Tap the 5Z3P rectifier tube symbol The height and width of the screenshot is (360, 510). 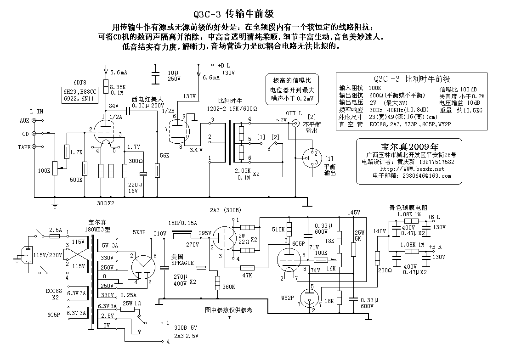pyautogui.click(x=143, y=266)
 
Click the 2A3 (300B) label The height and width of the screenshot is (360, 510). pyautogui.click(x=227, y=210)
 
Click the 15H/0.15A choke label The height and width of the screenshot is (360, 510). pyautogui.click(x=183, y=223)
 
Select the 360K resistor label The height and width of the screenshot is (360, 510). pyautogui.click(x=228, y=287)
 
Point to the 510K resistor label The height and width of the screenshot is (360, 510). pyautogui.click(x=278, y=230)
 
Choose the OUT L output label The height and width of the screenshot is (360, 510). pyautogui.click(x=294, y=113)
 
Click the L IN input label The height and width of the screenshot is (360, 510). pyautogui.click(x=37, y=111)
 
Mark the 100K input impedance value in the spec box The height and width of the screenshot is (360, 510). pyautogui.click(x=375, y=87)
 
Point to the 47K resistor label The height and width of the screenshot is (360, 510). pyautogui.click(x=247, y=276)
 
